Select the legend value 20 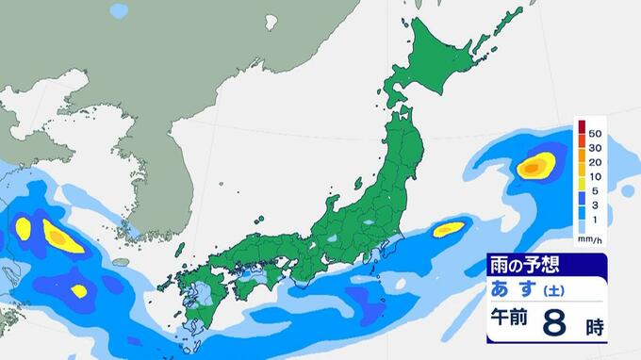point(595,161)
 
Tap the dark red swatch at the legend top point(583,127)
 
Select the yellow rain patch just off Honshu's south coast point(448,228)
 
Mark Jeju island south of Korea point(120,262)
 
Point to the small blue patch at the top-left point(118,11)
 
